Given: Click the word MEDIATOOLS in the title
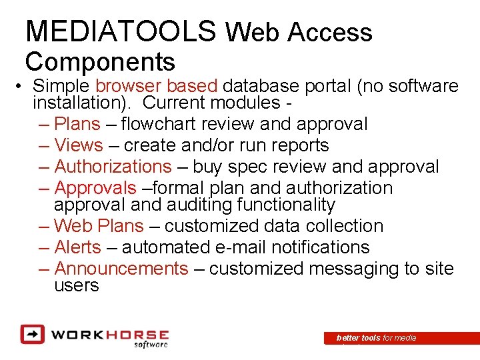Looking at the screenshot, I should (x=121, y=31).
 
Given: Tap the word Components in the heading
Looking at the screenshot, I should (x=100, y=61).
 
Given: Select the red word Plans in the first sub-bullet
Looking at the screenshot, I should (x=77, y=124).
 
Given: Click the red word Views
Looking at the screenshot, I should (x=79, y=145).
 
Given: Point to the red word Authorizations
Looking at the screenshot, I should (x=113, y=167).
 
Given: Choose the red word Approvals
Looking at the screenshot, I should (x=95, y=188).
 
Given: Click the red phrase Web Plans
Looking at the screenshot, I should (x=98, y=226).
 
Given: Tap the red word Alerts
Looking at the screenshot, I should (x=77, y=247).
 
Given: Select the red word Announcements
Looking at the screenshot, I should (x=121, y=269).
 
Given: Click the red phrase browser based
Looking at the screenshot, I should (x=157, y=86).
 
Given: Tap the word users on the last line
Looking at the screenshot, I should (x=76, y=285).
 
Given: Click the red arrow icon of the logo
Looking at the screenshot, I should (x=31, y=333).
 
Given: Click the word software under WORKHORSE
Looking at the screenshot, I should (x=151, y=344).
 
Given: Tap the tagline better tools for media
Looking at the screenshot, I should (x=376, y=338).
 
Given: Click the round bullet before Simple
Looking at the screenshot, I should (x=22, y=87).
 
